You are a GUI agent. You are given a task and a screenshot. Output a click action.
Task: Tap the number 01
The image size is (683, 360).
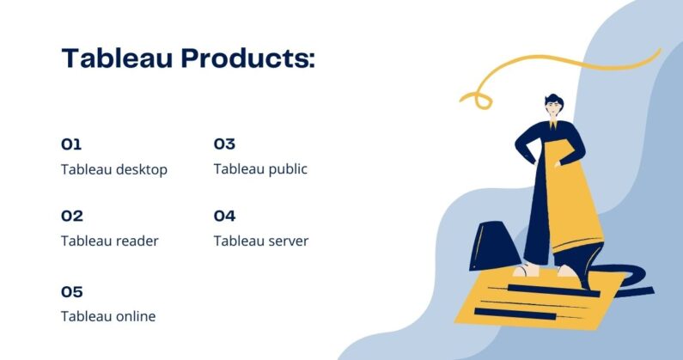[x=71, y=144]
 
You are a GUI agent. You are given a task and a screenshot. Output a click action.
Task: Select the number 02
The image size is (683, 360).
[x=72, y=216]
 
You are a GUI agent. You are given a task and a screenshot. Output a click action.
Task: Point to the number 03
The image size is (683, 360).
[x=224, y=144]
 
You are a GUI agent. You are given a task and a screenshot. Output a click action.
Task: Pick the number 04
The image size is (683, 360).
[x=224, y=216]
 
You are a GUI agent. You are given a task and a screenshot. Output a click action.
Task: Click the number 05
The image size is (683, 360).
[x=72, y=291]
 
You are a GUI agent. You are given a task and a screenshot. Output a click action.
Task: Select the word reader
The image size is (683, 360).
[x=137, y=241]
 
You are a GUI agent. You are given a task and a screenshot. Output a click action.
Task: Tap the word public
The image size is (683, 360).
[x=283, y=169]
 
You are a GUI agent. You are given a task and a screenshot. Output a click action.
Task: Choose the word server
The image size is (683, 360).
[x=286, y=241]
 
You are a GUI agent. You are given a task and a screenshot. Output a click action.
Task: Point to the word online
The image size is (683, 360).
[x=134, y=316]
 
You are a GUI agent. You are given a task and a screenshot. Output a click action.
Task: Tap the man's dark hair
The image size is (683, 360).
[x=553, y=96]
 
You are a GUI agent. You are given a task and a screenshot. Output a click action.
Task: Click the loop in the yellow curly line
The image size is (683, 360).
[x=478, y=99]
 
